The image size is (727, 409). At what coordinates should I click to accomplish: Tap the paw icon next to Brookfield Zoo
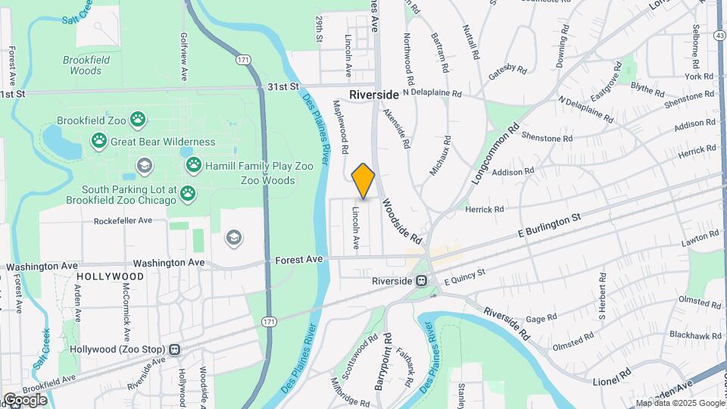point(137,119)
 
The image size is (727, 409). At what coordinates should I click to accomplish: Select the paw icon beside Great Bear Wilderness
point(99,141)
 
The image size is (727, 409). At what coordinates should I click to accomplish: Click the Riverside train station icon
point(423,281)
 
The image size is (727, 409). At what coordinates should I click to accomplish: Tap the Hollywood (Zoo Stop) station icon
point(175,349)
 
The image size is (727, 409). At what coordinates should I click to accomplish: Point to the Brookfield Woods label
point(86,65)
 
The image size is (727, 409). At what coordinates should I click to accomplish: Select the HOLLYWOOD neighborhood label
point(111,277)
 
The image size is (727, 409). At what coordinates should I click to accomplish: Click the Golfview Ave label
point(184,57)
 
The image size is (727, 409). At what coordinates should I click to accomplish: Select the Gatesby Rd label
point(507,70)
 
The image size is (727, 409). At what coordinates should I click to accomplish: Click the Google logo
point(25,400)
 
